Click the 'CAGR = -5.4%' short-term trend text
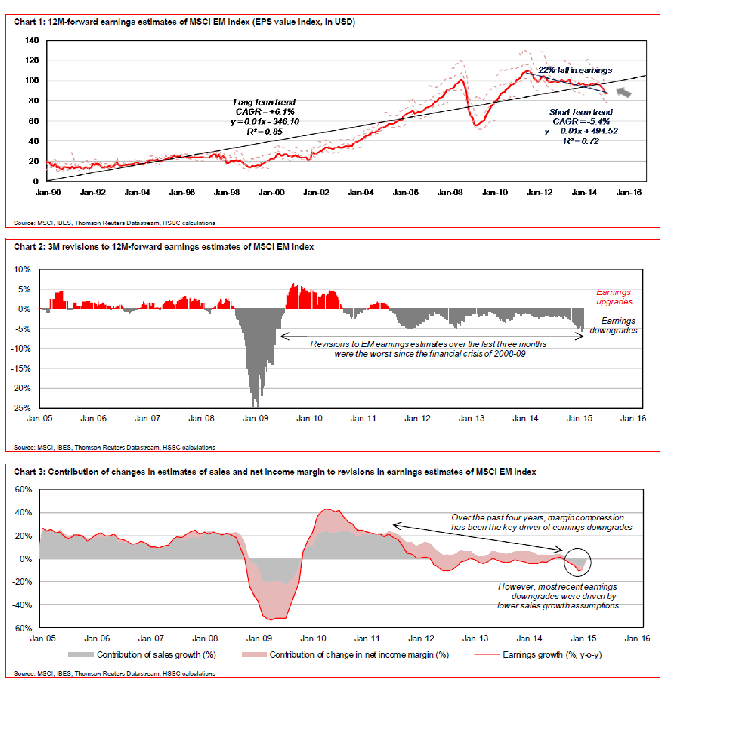click(x=581, y=121)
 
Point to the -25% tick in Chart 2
click(x=21, y=408)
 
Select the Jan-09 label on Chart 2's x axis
click(x=255, y=418)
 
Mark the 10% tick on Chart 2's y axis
click(x=22, y=269)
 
